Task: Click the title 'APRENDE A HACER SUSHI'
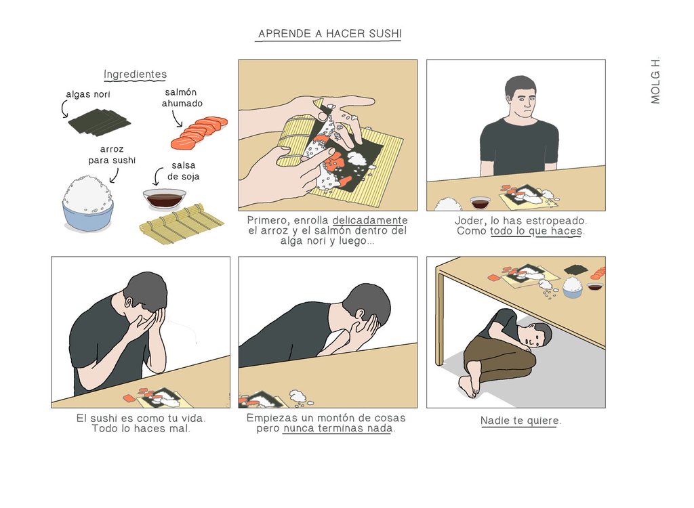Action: pos(330,34)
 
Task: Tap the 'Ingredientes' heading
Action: pos(135,75)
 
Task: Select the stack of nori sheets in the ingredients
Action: pos(99,123)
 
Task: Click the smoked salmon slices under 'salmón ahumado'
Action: pos(199,132)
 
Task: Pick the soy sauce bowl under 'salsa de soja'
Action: pos(164,198)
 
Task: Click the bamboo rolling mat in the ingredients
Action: pos(182,224)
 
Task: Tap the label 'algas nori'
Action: pos(88,94)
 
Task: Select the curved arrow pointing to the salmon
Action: pos(177,118)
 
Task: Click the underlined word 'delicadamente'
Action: pos(370,220)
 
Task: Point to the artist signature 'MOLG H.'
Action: pos(655,81)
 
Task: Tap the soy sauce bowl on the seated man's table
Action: pos(481,203)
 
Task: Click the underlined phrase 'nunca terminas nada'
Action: pos(338,428)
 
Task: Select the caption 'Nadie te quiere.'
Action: pos(520,421)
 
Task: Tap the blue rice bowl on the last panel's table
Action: pos(572,287)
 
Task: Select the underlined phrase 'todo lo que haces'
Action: pos(536,231)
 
